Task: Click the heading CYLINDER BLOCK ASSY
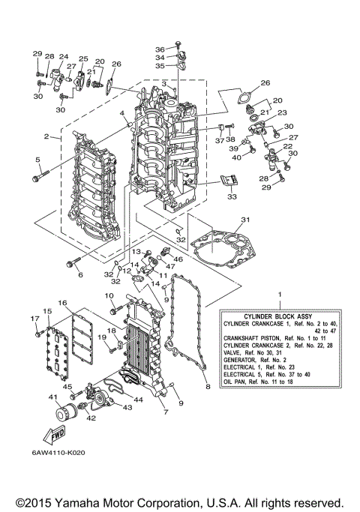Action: [x=278, y=315]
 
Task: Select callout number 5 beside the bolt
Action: [x=35, y=160]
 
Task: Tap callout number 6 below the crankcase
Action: [x=80, y=274]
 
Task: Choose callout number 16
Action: [x=64, y=303]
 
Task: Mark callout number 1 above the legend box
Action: [x=279, y=295]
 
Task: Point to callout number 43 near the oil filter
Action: [x=127, y=407]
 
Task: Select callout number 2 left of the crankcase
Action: [x=46, y=136]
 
